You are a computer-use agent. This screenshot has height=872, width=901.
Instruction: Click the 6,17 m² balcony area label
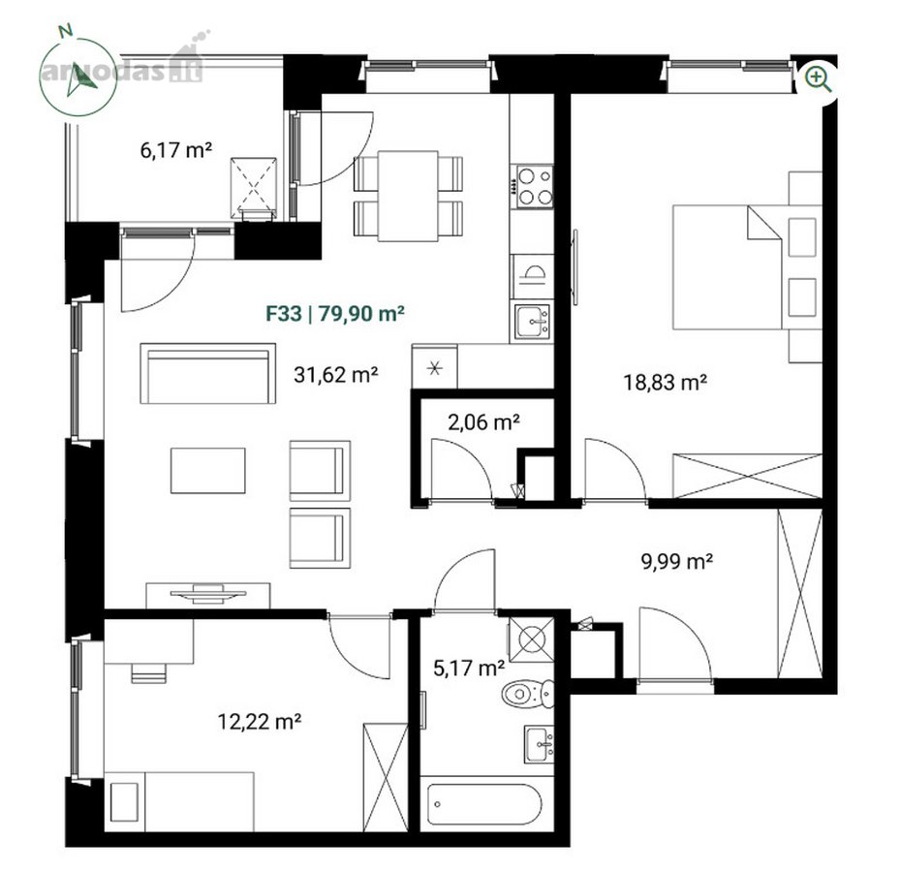pyautogui.click(x=175, y=150)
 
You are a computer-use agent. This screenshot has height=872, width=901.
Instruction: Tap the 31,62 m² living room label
pyautogui.click(x=335, y=375)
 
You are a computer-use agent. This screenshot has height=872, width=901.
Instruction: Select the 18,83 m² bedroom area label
pyautogui.click(x=666, y=383)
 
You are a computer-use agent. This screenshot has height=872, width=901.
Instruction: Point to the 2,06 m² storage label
pyautogui.click(x=483, y=422)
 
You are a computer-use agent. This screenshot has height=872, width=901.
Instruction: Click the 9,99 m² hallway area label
pyautogui.click(x=677, y=561)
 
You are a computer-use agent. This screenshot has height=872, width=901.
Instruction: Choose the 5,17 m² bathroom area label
pyautogui.click(x=469, y=668)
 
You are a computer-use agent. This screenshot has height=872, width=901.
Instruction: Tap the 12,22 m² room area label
pyautogui.click(x=260, y=721)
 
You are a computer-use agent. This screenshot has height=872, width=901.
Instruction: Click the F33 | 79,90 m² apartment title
pyautogui.click(x=335, y=313)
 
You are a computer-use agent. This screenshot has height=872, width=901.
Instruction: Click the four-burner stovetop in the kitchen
pyautogui.click(x=534, y=187)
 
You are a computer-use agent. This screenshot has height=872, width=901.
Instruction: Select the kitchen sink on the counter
pyautogui.click(x=532, y=322)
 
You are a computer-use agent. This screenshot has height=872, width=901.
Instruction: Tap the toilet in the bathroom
pyautogui.click(x=527, y=695)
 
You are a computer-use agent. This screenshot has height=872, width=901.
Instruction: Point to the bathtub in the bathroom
pyautogui.click(x=483, y=803)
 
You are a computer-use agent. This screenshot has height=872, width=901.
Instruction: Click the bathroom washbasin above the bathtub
pyautogui.click(x=539, y=744)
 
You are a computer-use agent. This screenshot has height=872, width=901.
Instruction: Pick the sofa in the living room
pyautogui.click(x=208, y=374)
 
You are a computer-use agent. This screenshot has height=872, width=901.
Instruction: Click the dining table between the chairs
pyautogui.click(x=408, y=196)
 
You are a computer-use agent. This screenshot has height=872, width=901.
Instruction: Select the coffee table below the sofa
pyautogui.click(x=208, y=471)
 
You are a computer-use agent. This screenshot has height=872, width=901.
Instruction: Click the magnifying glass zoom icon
pyautogui.click(x=819, y=78)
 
